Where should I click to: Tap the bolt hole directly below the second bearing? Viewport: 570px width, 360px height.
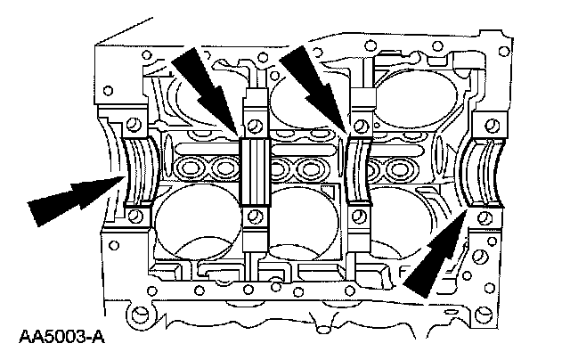pos(255,215)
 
